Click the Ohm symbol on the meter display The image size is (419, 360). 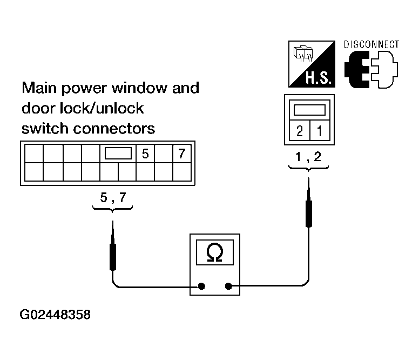[x=214, y=252]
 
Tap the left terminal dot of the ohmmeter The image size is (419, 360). [x=201, y=286]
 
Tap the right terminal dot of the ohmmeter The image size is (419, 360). [x=228, y=286]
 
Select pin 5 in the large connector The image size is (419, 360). [x=145, y=154]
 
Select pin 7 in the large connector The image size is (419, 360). [x=182, y=154]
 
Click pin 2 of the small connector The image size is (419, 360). [x=300, y=131]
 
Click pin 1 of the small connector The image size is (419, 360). [x=320, y=131]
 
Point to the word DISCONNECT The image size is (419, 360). [x=371, y=45]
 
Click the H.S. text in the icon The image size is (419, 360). [x=319, y=78]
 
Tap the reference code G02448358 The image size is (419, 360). [x=55, y=315]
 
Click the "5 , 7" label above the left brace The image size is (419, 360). [x=113, y=198]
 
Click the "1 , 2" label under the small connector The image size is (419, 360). [x=308, y=157]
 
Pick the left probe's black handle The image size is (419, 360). [x=113, y=257]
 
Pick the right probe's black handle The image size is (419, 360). [x=309, y=214]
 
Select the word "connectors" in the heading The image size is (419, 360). [x=114, y=129]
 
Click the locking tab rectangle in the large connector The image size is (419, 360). [x=118, y=154]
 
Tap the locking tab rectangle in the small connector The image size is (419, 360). [x=309, y=110]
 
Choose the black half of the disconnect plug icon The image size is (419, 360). [x=357, y=70]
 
